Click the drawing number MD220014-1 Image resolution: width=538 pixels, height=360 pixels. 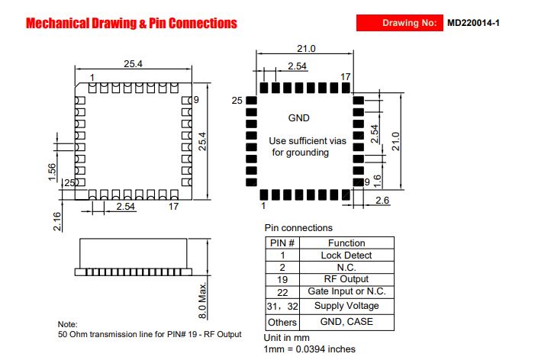pos(473,23)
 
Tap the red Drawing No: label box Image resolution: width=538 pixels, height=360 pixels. pos(400,23)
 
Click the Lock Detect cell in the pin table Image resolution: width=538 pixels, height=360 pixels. pos(346,255)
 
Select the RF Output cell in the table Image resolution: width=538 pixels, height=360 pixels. pos(346,279)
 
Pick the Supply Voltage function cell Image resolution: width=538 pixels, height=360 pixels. pos(346,306)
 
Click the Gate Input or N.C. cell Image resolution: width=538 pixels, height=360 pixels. pos(346,291)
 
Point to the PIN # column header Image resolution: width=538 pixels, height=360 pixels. pos(282,243)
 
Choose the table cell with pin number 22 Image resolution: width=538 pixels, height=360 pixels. pos(282,292)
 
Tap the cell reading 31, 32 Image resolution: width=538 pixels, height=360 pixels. pos(282,306)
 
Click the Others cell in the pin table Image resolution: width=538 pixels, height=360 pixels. pos(282,323)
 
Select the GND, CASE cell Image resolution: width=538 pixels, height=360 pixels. pos(346,322)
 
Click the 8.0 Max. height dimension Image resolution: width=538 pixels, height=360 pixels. pos(203,301)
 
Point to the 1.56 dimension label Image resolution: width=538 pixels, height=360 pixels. pos(52,172)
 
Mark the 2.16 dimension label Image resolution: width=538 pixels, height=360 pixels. pos(57,221)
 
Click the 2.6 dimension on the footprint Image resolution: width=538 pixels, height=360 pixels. pos(382,200)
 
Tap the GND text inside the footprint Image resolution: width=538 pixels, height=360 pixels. pos(299,118)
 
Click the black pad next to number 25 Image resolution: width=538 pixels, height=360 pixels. pos(252,101)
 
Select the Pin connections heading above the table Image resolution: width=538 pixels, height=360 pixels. pos(298,228)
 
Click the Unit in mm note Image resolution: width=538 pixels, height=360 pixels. pos(286,338)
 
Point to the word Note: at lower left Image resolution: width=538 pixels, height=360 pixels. pos(68,324)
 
